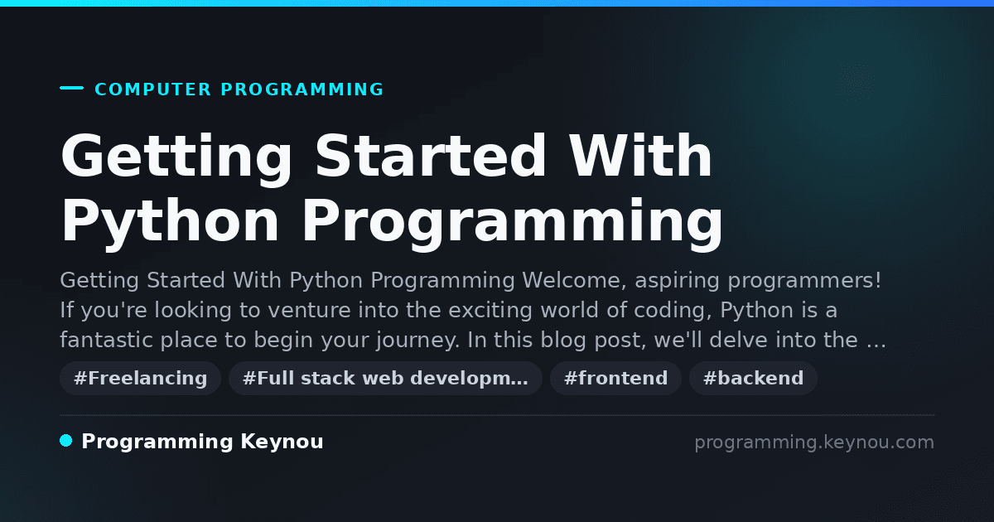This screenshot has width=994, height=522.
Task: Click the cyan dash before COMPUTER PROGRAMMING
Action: coord(71,88)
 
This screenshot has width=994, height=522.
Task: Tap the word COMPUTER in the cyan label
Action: coord(153,89)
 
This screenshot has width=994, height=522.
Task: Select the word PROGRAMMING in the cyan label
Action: coord(302,89)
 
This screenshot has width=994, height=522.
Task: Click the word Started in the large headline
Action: coord(430,156)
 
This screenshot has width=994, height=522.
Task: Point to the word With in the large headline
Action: coord(640,156)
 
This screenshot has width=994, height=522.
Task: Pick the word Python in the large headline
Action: coord(170,221)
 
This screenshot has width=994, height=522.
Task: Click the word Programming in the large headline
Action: coord(513,221)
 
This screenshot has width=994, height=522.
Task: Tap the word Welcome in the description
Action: coord(574,281)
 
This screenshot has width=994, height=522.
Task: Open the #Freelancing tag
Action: coord(140,378)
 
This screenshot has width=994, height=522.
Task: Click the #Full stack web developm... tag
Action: coord(385,378)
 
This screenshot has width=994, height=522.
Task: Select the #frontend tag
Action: coord(615,378)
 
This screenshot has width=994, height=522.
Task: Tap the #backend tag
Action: coord(753,378)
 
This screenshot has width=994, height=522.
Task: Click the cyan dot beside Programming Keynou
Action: coord(66,441)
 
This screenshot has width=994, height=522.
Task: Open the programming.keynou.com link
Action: coord(814,442)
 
